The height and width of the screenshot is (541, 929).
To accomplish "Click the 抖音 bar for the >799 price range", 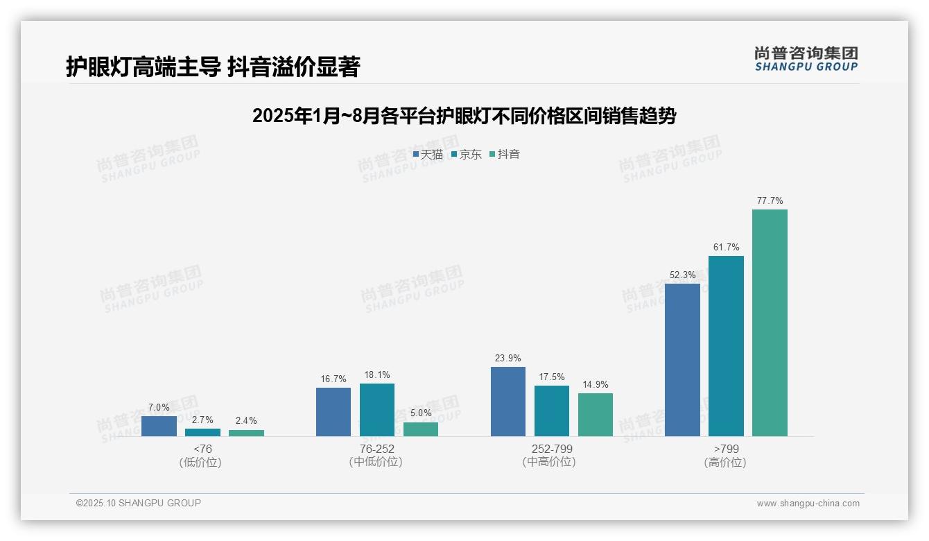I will coord(770,323).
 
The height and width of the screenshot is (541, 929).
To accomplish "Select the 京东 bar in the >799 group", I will coord(726,346).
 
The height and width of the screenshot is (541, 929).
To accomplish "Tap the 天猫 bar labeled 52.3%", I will coord(682,360).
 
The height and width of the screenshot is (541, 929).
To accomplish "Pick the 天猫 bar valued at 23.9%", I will coord(508,402).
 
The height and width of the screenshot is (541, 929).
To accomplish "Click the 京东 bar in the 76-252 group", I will coord(377,410).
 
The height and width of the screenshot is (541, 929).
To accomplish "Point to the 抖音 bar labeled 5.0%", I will coord(421,429).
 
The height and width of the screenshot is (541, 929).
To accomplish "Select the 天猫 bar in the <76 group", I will coord(159,426).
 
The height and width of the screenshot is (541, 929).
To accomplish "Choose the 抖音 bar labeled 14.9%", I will coord(596,415).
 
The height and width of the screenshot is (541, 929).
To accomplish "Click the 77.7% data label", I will coord(770,201).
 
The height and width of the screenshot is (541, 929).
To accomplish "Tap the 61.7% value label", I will coord(726,248).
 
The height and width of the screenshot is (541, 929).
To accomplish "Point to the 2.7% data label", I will coord(202,420).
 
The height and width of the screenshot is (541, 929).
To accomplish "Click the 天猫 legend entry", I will coord(428,155).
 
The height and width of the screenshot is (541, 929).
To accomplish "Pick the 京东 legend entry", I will coord(466,155).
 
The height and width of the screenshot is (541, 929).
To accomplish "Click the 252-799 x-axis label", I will coord(552,449).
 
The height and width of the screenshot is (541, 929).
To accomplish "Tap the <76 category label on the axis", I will coord(202,449).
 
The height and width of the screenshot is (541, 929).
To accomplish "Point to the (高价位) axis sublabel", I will coord(725,463).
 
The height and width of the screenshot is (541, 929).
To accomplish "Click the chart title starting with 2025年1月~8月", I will coord(464,116).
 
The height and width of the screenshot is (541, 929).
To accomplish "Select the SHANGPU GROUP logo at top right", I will coord(806,59).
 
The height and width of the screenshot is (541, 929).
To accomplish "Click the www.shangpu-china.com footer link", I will coord(808,504).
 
